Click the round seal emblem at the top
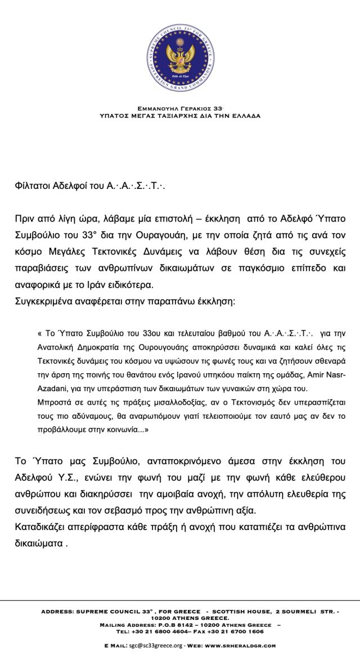(179, 58)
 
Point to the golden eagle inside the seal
(179, 56)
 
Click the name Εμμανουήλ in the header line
(157, 109)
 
